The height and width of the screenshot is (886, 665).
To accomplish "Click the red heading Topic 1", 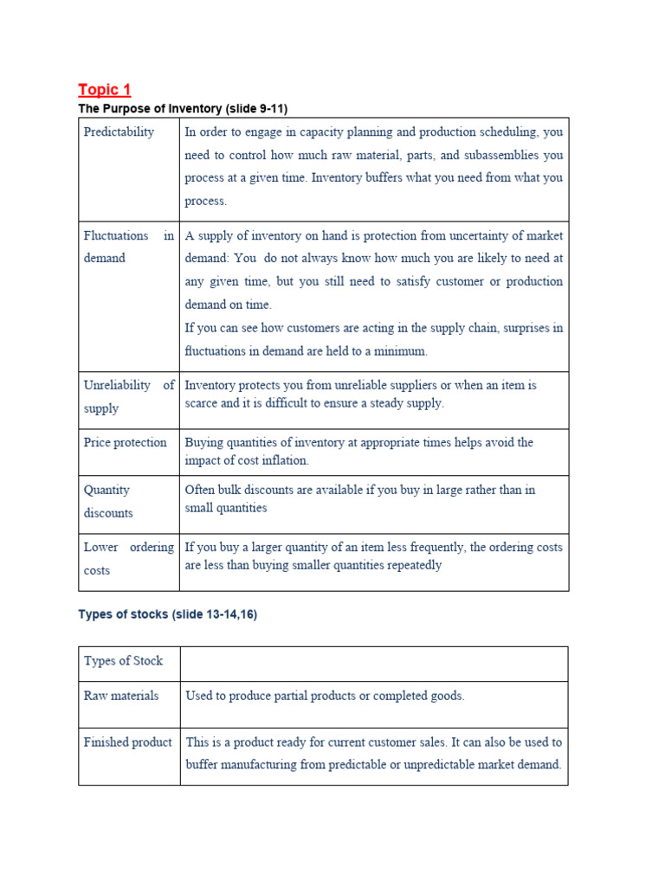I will coord(104,89).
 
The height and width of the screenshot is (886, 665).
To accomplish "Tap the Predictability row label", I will coord(119,132).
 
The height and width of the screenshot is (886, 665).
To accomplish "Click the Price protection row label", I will coord(125,442).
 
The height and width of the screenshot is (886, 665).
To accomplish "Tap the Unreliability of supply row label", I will coord(128,396).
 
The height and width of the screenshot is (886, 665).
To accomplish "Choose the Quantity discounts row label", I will coord(108,501).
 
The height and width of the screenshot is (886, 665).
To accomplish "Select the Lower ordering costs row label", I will coord(128,559).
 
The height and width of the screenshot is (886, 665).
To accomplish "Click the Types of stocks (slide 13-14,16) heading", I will coord(167,614).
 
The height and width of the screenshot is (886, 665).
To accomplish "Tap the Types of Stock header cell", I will coord(123,661).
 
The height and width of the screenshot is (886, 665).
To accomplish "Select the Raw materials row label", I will coord(120,696).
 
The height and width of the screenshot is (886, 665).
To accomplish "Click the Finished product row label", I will coord(127,742).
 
